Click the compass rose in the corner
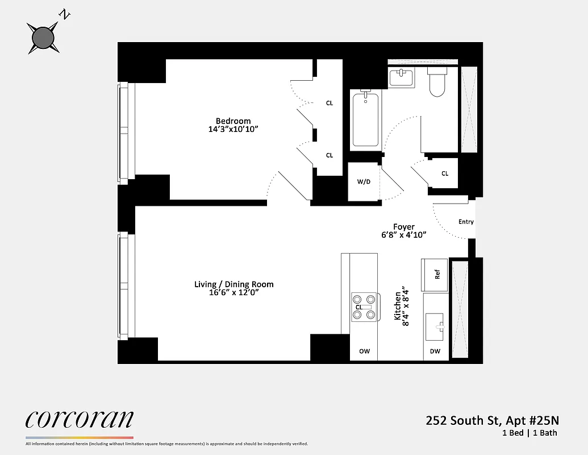[43, 38]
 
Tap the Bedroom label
[233, 121]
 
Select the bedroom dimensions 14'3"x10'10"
[233, 130]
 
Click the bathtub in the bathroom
[365, 120]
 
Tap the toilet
[437, 82]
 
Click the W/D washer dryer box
[364, 182]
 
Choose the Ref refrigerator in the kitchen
[435, 275]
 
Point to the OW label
[364, 351]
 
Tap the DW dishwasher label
[435, 351]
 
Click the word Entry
[466, 222]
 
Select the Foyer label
[405, 226]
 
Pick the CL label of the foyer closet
[445, 173]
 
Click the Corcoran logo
[80, 420]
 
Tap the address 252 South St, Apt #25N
[493, 421]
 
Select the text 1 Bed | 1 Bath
[529, 433]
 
